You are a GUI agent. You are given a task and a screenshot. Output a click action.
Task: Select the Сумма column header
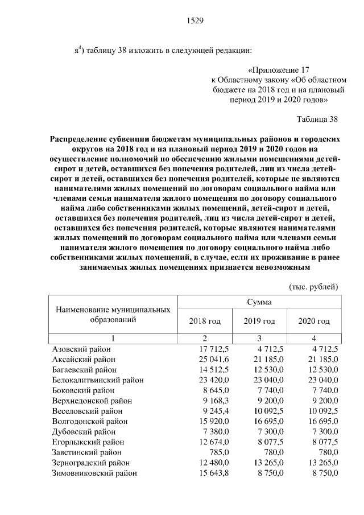[259, 302]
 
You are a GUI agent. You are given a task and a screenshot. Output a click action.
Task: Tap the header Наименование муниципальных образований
[113, 314]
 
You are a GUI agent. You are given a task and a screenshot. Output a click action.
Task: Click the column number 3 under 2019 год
[259, 339]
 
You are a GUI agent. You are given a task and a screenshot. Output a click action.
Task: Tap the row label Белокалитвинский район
[97, 380]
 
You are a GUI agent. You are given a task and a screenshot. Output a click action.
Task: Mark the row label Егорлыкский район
[86, 442]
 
